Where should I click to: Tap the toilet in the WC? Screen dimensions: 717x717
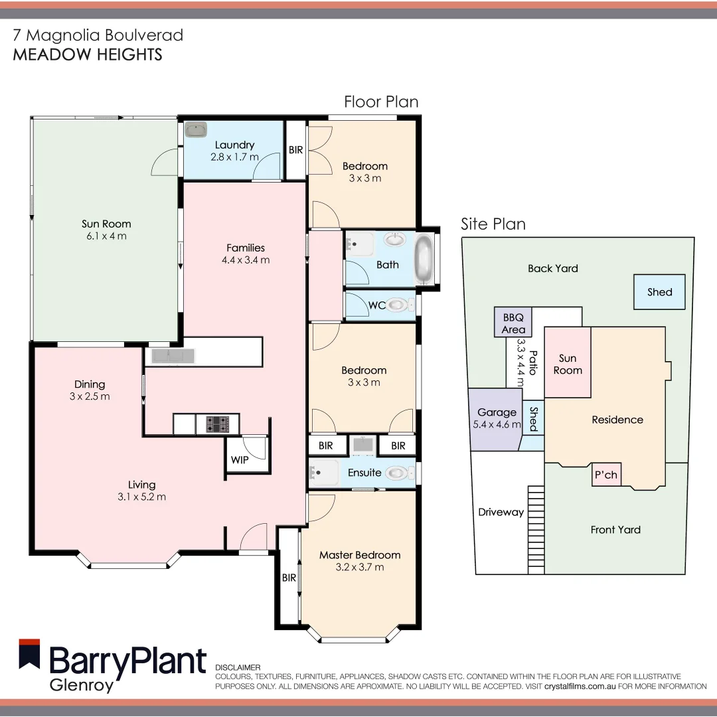(398, 305)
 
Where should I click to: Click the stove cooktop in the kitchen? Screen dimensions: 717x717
(217, 424)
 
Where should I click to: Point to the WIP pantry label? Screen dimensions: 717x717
(240, 459)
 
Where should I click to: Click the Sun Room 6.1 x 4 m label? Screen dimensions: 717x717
(106, 230)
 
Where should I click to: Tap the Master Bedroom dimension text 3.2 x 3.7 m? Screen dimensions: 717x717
(360, 567)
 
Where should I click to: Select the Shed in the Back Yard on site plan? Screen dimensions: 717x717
(659, 292)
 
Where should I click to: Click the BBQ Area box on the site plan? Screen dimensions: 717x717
(513, 323)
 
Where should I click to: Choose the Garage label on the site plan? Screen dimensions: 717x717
(497, 412)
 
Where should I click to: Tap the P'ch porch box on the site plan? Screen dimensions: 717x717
(605, 475)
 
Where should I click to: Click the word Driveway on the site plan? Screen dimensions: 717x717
(501, 512)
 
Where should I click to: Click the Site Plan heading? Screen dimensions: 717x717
(493, 224)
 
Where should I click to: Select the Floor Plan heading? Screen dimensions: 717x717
(381, 102)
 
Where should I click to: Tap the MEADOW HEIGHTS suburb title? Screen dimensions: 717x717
(88, 54)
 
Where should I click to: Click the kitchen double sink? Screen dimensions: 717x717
(172, 357)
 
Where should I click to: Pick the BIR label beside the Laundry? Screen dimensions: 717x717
(295, 150)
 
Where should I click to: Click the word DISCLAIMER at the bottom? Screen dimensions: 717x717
(238, 667)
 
